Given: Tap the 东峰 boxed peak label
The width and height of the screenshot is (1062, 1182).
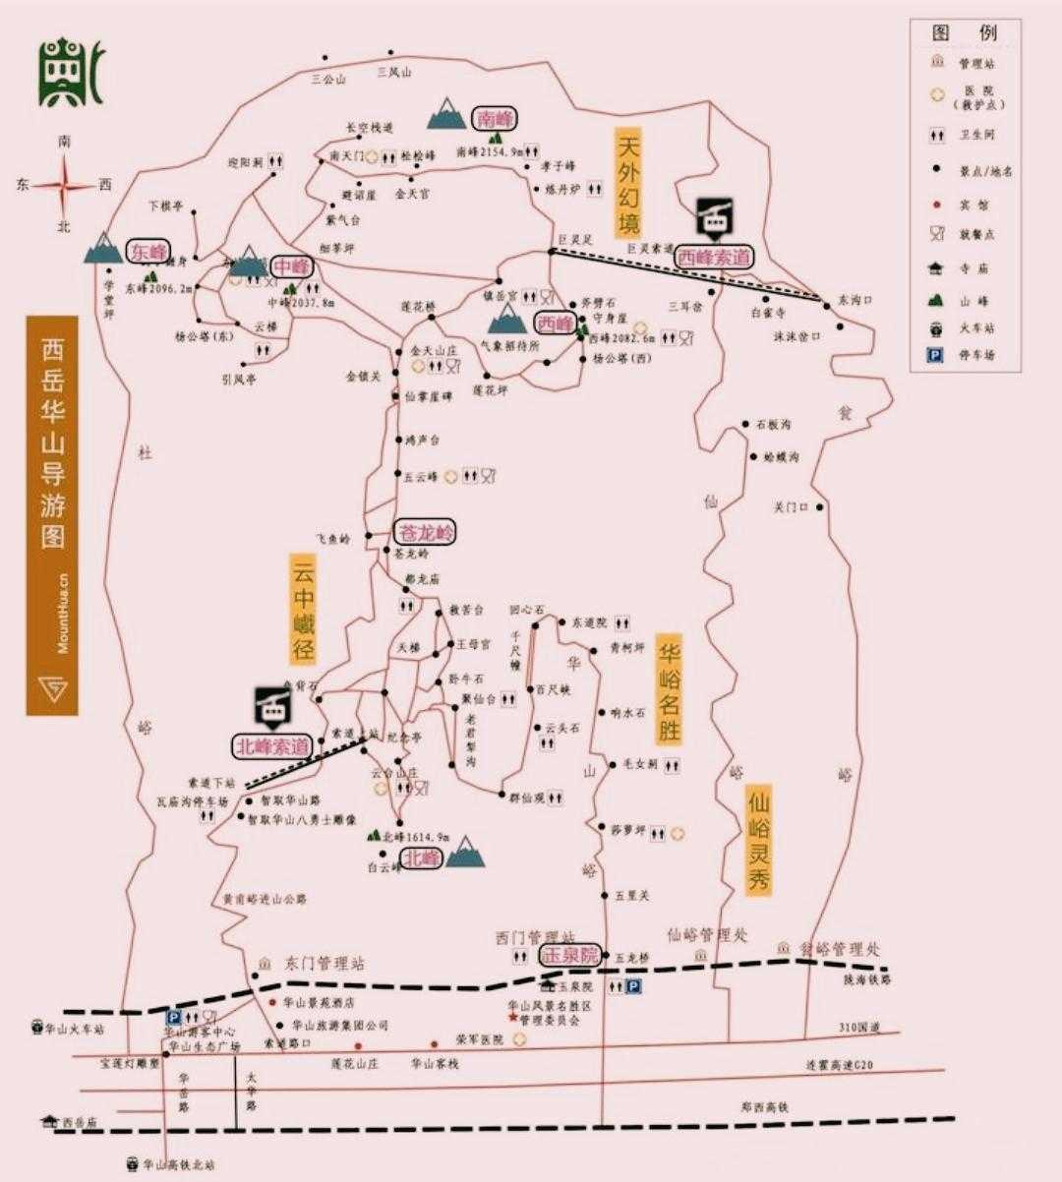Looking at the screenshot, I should coord(148,251).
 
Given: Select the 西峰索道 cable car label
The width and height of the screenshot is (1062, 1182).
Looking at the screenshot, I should coord(715,257).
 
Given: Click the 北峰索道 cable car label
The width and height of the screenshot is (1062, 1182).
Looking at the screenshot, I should coord(271,745).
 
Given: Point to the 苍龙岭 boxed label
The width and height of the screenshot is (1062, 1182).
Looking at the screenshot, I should coord(425,532).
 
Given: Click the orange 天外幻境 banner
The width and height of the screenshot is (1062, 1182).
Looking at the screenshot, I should coord(628,183).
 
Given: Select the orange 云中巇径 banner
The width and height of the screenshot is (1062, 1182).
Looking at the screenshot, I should coord(303,609).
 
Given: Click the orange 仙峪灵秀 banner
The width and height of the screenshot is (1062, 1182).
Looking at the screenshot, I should coord(757,839).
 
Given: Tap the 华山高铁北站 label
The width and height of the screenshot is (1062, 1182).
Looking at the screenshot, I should coord(177,1164).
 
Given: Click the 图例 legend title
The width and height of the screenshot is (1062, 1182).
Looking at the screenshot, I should coord(965,33).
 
